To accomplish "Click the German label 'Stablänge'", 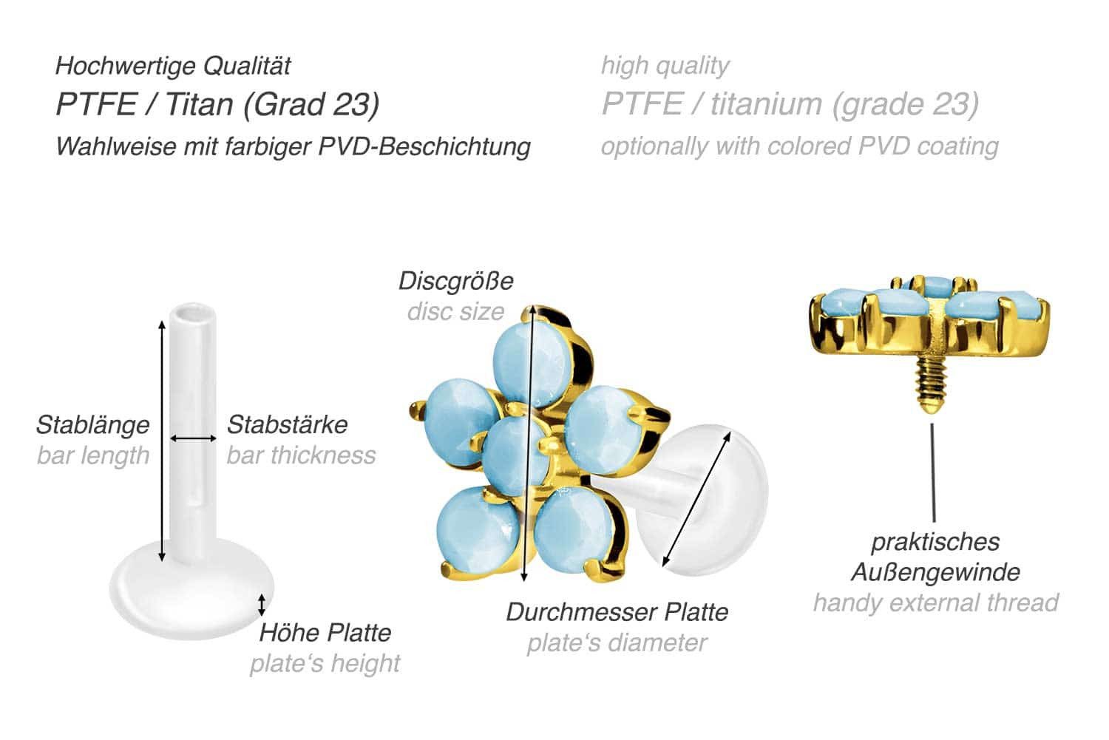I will (92, 425).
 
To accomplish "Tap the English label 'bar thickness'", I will (301, 455).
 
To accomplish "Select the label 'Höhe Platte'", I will (325, 633).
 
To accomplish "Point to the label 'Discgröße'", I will (455, 281).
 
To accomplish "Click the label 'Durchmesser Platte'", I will (617, 612).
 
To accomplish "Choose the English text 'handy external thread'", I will (935, 602).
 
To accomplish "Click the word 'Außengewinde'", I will (935, 571).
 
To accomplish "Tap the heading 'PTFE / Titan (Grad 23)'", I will (217, 105).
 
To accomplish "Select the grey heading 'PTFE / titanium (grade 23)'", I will (790, 105).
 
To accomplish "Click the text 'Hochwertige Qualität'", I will (173, 67).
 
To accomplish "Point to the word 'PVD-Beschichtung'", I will (424, 146).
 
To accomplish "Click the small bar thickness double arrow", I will (193, 438).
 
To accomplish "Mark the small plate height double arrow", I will (261, 605).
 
